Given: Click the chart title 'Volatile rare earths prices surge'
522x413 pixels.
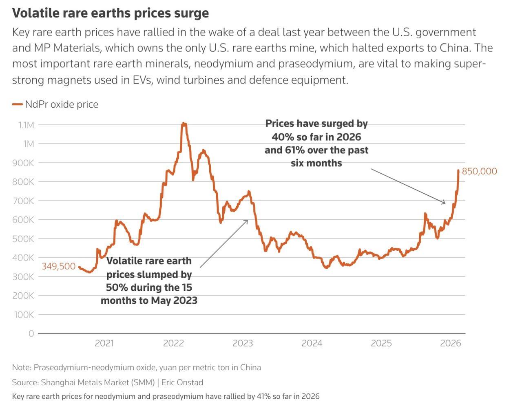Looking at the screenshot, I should tap(110, 13).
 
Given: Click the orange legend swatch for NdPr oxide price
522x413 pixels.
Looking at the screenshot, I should tap(17, 104).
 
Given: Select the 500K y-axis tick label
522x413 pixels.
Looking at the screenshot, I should tap(23, 239).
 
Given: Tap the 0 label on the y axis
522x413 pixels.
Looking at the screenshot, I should tap(31, 333).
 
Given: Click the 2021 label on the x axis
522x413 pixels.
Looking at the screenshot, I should tap(104, 343).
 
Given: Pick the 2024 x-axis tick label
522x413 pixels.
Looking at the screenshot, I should tap(312, 343).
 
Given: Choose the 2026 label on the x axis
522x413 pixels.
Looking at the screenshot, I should tap(450, 343).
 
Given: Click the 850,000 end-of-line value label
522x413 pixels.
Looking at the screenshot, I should tap(479, 171).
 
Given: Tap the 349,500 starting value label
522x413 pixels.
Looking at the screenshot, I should tap(59, 266).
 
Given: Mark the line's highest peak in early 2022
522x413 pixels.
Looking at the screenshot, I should tap(184, 123).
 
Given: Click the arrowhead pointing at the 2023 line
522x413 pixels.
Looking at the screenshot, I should tap(247, 221).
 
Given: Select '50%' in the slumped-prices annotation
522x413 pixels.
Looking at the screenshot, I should tap(115, 287).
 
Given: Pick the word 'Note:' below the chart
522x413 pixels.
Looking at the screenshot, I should tap(22, 367).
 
